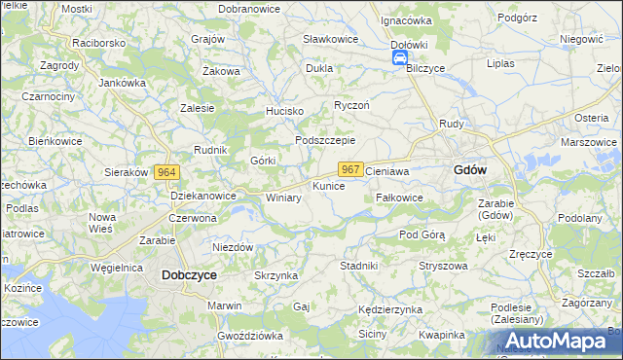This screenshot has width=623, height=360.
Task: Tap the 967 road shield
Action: click(351, 169)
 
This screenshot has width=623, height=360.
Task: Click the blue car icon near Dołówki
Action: click(400, 58)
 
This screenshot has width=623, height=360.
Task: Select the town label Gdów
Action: click(470, 169)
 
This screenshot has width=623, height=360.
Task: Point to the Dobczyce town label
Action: click(189, 275)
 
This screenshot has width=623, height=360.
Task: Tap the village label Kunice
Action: click(328, 185)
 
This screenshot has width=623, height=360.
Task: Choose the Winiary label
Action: click(283, 198)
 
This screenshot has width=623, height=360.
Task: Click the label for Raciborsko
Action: click(99, 44)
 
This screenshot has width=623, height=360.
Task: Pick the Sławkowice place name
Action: click(331, 39)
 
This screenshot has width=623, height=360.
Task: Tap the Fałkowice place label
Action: click(399, 198)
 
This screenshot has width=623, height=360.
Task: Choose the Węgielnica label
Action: click(117, 267)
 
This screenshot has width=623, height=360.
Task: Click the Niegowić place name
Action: click(582, 40)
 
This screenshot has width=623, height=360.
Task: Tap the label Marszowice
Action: click(589, 142)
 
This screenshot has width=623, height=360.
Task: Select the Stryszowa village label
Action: click(443, 266)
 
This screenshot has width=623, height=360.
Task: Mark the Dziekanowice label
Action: click(203, 196)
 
